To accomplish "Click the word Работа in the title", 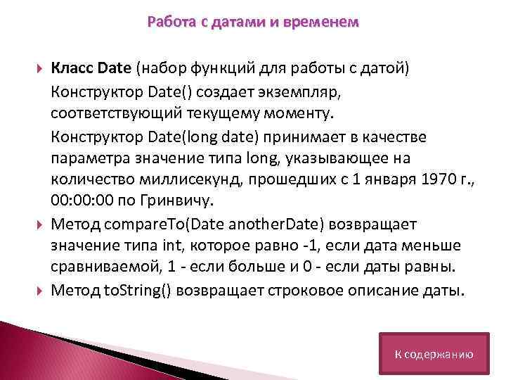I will pos(168,23).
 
